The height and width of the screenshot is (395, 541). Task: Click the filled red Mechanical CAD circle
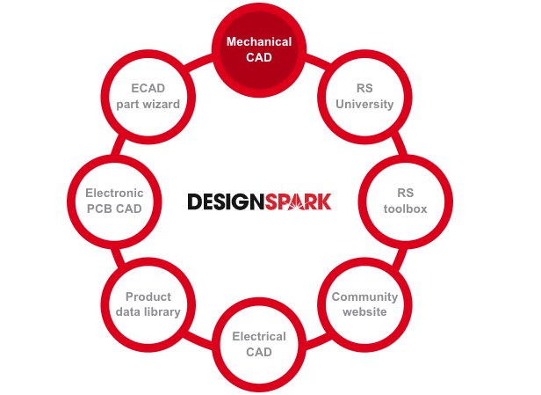(258, 49)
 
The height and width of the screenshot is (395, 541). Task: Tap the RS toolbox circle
(404, 200)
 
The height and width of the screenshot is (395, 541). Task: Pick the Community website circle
(364, 304)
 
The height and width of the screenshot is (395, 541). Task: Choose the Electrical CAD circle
(258, 344)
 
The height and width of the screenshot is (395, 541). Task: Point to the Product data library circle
(148, 304)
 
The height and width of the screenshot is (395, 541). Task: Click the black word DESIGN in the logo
(224, 202)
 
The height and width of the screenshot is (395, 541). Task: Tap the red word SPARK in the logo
(297, 202)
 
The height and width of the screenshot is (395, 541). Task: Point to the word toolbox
(404, 208)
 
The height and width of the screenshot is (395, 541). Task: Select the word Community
(364, 296)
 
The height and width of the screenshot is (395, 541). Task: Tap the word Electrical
(258, 336)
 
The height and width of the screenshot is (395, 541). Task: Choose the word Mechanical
(258, 42)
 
